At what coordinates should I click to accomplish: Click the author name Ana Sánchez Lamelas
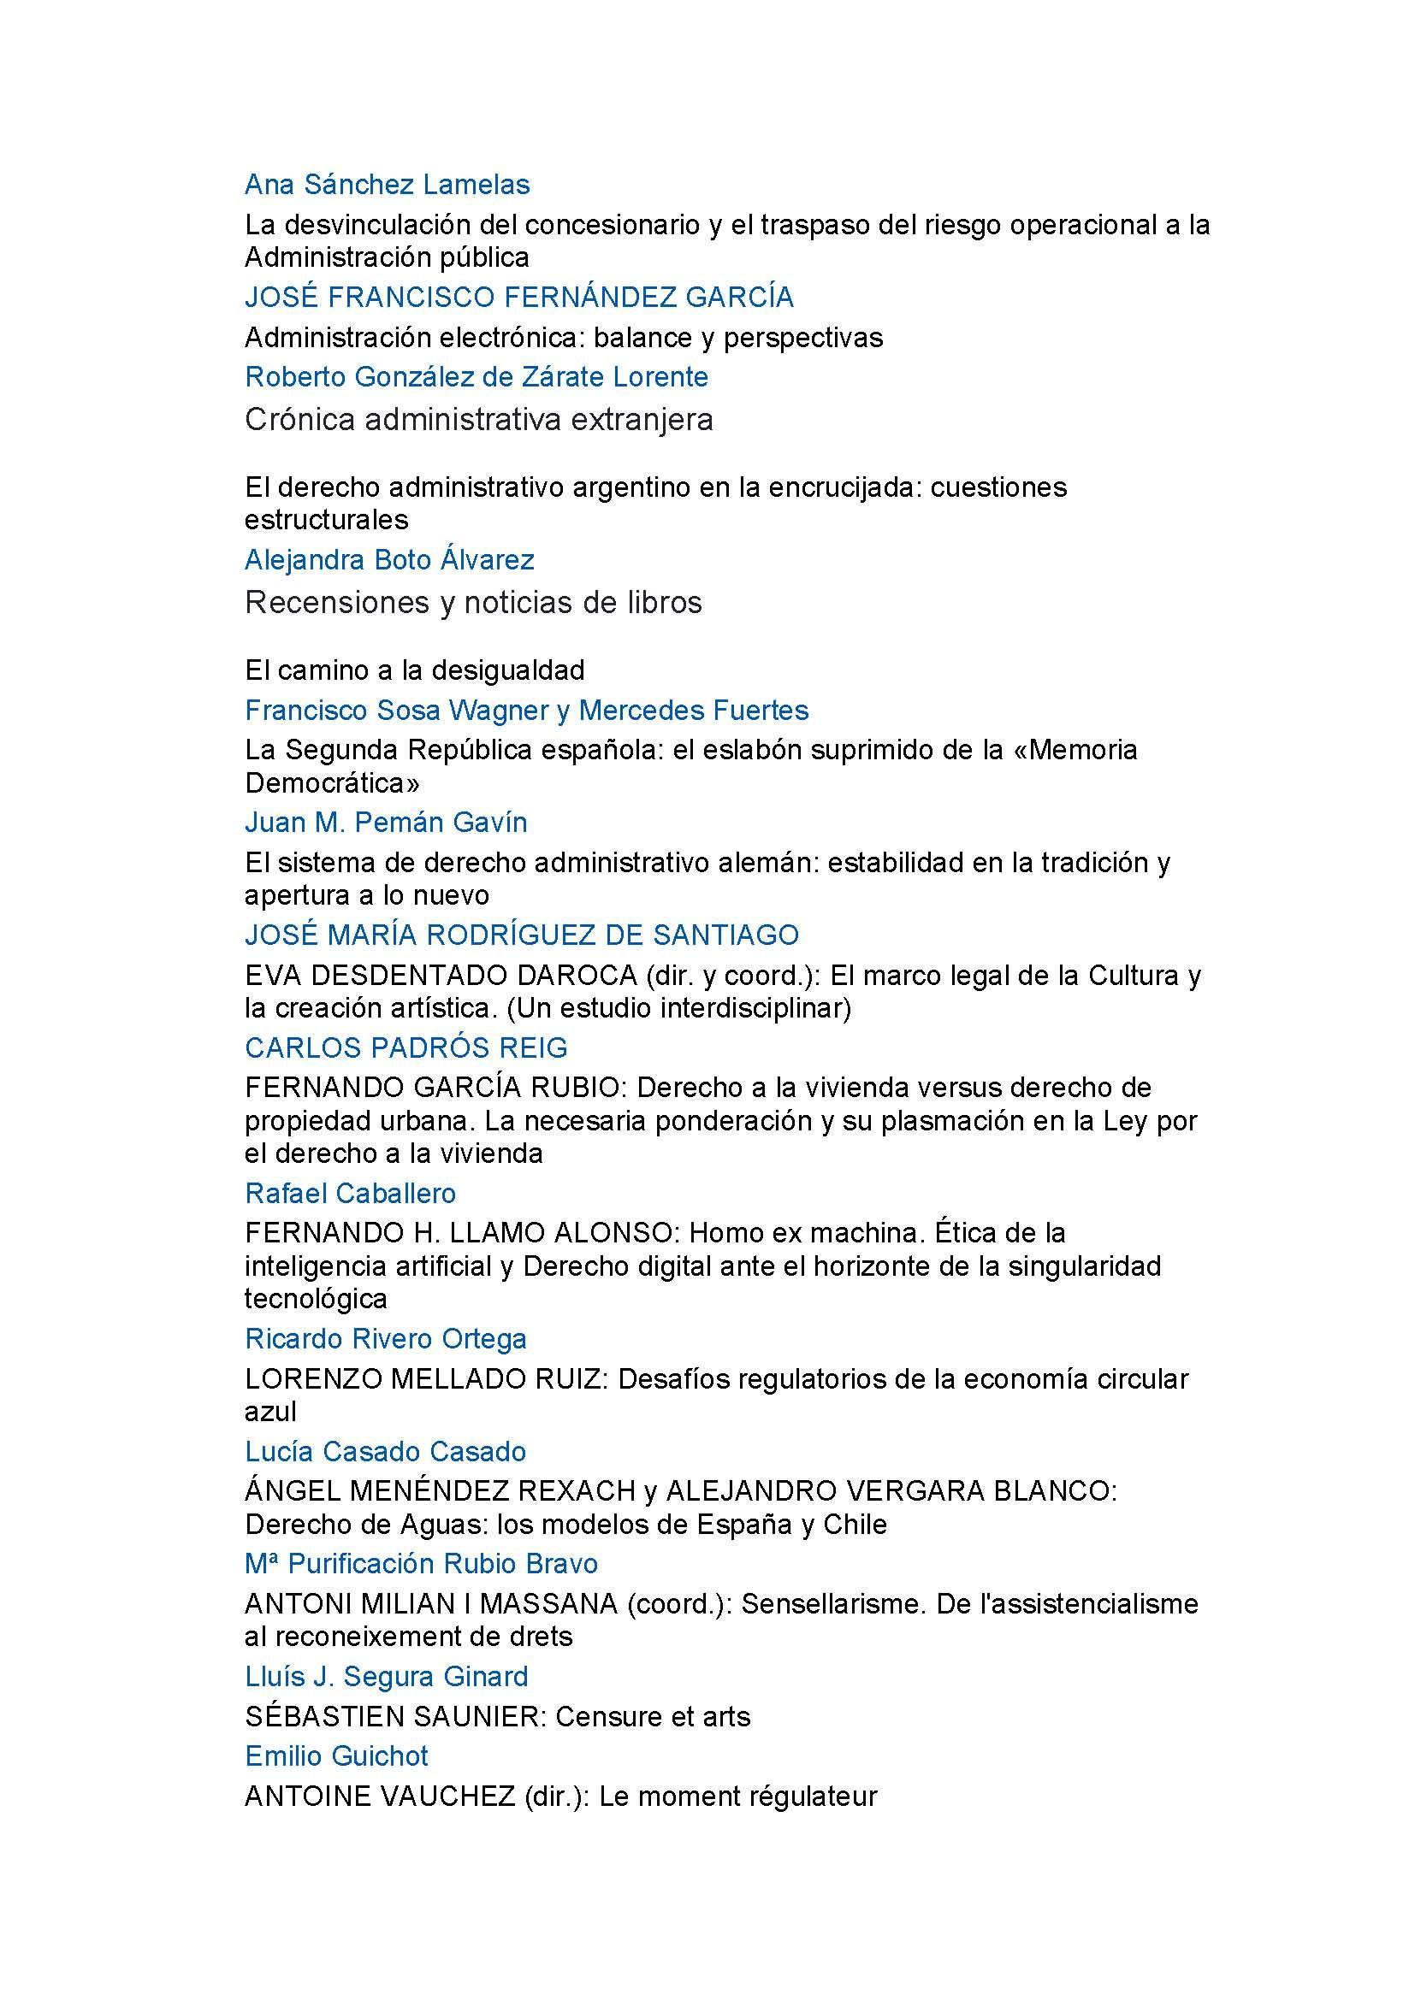(387, 185)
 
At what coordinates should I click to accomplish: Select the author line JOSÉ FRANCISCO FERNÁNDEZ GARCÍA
(519, 297)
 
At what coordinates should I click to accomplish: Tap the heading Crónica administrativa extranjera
(478, 420)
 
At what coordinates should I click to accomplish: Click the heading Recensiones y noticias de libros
(473, 602)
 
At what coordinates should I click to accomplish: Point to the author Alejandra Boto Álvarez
(389, 559)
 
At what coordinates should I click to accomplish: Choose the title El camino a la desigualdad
(415, 670)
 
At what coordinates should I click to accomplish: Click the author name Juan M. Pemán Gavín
(386, 823)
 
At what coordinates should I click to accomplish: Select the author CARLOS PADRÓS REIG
(406, 1047)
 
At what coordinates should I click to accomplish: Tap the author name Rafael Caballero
(350, 1194)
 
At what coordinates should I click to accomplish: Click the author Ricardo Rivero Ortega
(386, 1339)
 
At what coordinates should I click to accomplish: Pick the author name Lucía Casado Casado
(386, 1451)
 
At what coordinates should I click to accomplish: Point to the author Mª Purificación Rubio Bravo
(422, 1564)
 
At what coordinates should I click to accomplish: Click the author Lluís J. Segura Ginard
(387, 1676)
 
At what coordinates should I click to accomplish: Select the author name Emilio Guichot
(336, 1755)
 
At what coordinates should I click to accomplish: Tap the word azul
(271, 1411)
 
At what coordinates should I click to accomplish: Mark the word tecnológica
(316, 1299)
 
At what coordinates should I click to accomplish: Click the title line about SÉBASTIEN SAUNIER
(498, 1716)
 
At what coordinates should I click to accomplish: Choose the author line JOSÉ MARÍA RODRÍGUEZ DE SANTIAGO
(522, 935)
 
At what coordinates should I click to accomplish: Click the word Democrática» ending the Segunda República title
(332, 782)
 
